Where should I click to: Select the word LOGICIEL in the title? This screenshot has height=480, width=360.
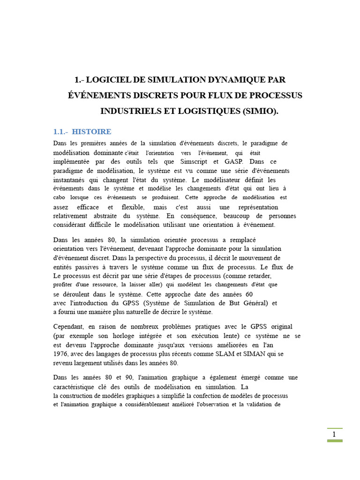click(x=110, y=80)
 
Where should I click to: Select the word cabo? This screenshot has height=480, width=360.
click(x=60, y=197)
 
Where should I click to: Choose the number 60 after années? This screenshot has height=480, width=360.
click(x=249, y=294)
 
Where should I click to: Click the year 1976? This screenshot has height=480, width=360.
click(x=61, y=354)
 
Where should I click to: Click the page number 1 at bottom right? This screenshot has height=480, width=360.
click(x=334, y=434)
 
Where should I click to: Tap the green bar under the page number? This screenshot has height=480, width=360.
click(x=334, y=441)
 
